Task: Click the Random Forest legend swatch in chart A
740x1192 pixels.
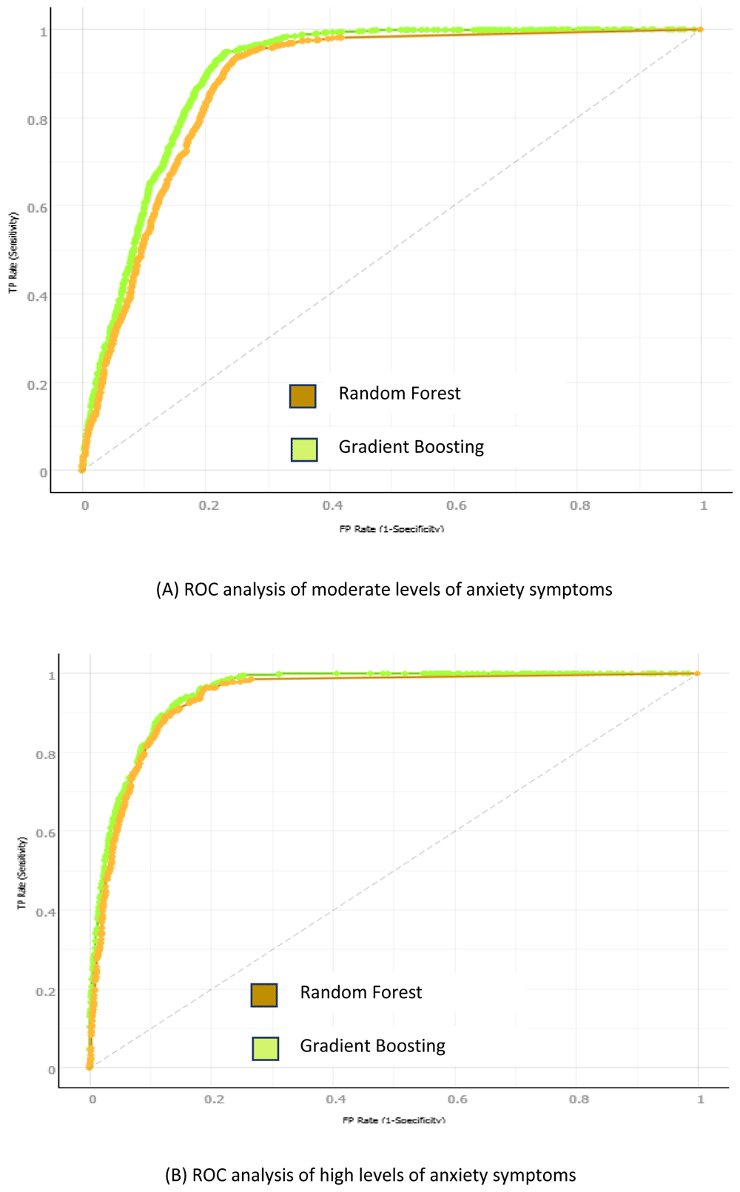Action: [x=303, y=396]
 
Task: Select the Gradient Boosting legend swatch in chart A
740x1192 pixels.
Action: [x=304, y=449]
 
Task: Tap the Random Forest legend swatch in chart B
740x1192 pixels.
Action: [x=264, y=995]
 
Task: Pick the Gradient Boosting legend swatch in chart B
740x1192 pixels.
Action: [x=266, y=1048]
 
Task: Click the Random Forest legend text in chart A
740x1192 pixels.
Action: [x=400, y=394]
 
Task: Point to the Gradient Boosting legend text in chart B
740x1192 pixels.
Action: [x=372, y=1046]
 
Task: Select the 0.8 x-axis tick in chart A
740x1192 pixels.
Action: [x=580, y=505]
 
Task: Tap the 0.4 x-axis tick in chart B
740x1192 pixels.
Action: [x=336, y=1100]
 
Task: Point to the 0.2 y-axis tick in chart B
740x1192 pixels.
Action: [x=46, y=991]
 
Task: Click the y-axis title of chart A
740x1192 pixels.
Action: [x=13, y=252]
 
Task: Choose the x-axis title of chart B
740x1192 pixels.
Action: [x=394, y=1120]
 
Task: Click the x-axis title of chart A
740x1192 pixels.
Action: [x=391, y=528]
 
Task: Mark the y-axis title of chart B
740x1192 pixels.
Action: [x=22, y=873]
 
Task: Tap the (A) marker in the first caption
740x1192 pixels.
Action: [x=167, y=590]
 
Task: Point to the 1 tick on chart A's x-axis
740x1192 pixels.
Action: [x=704, y=505]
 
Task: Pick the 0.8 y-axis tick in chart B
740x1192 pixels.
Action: [x=46, y=755]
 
